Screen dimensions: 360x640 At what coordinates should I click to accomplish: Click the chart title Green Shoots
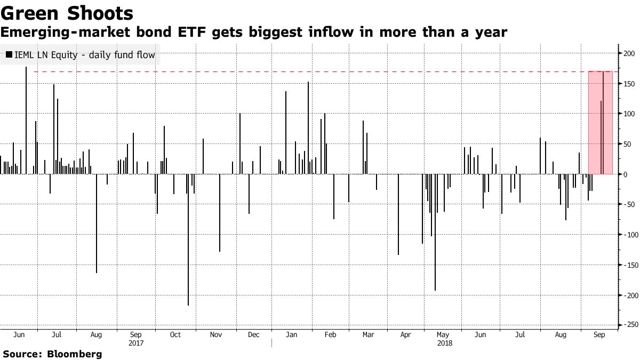pyautogui.click(x=67, y=12)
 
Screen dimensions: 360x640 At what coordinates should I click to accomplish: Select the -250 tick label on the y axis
pyautogui.click(x=628, y=325)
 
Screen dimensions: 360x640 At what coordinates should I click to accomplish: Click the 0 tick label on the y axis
pyautogui.click(x=623, y=174)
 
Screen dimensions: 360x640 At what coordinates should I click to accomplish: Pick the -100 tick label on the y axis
pyautogui.click(x=628, y=235)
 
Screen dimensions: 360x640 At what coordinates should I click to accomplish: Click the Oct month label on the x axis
pyautogui.click(x=175, y=335)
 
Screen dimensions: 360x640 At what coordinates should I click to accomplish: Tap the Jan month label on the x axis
pyautogui.click(x=291, y=335)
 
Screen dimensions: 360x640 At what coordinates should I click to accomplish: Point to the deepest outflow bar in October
pyautogui.click(x=188, y=240)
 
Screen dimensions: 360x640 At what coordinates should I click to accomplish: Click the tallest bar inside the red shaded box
pyautogui.click(x=603, y=123)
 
